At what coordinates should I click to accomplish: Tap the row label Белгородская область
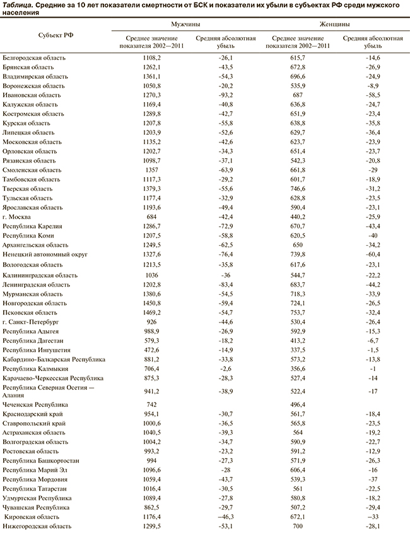coord(34,57)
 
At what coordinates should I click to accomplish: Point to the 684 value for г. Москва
coord(153,216)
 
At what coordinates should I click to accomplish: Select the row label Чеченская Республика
coord(35,404)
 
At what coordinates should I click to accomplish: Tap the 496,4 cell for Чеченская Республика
coord(297,404)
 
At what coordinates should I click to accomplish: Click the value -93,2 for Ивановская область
coord(225,95)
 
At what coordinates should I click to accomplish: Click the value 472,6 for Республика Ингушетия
coord(153,350)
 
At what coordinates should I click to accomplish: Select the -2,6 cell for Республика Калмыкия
coord(225,369)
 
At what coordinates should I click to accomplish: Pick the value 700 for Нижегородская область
coord(297,525)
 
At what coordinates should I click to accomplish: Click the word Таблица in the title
coord(17,5)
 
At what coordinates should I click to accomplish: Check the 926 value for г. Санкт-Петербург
coord(153,321)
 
